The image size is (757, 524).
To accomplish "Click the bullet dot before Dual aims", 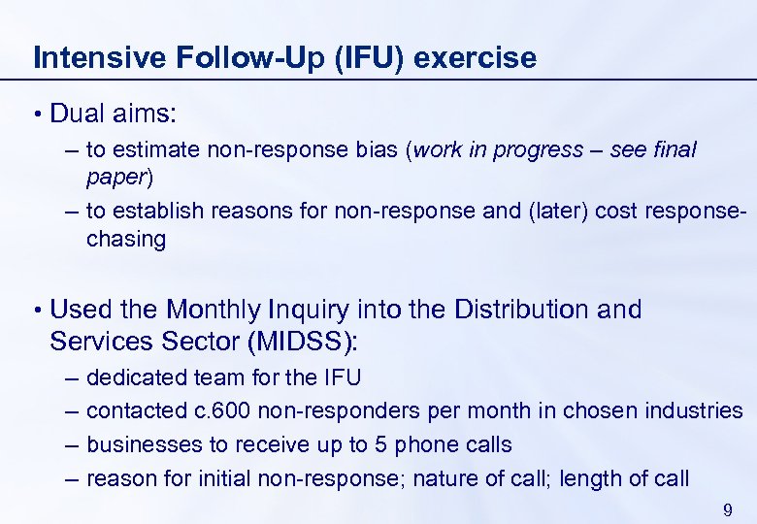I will tap(37, 115).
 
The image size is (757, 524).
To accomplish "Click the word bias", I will tap(378, 150).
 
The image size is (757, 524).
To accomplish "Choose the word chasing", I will tap(126, 240).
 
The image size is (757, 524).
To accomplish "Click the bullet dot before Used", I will tap(37, 311).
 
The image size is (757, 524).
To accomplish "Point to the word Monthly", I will tap(214, 310).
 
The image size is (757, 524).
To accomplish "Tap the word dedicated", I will tap(136, 377).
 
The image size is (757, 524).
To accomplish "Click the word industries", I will tap(695, 410).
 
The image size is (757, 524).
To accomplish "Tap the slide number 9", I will tap(728, 510).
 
